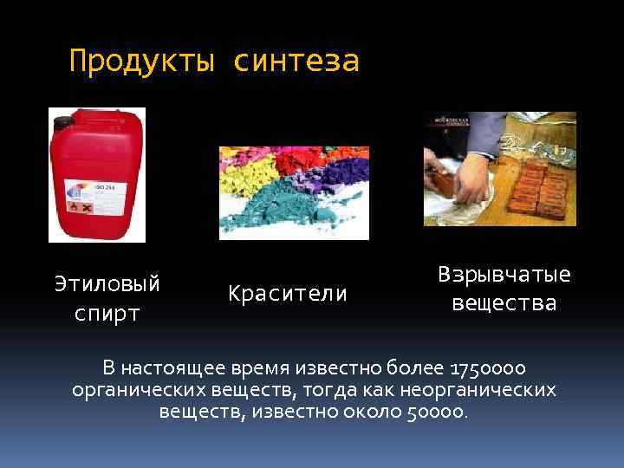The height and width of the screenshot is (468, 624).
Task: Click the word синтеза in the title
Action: point(296,62)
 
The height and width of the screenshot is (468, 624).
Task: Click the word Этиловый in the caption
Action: point(107,283)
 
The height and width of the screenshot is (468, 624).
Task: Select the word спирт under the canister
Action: point(107,313)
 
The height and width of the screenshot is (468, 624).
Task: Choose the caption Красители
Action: point(288,294)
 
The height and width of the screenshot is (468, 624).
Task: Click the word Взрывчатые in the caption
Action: point(504,275)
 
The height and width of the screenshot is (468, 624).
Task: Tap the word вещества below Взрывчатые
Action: point(504,303)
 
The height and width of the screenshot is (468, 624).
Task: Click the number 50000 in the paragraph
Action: point(435,411)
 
